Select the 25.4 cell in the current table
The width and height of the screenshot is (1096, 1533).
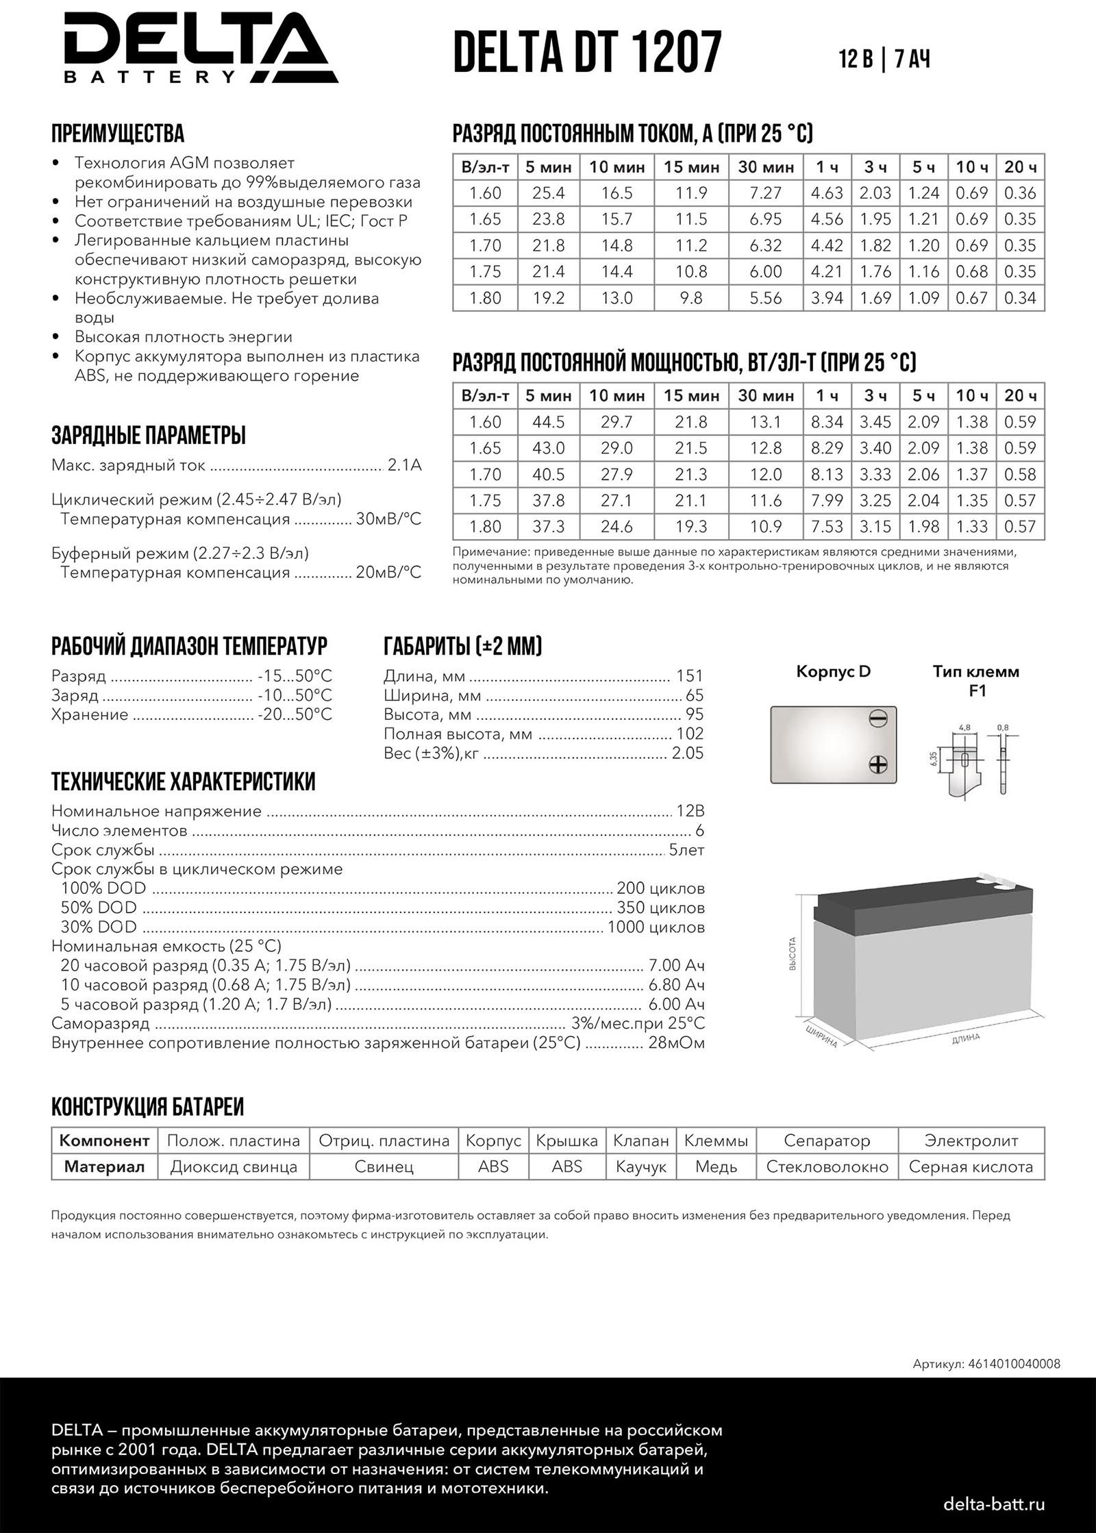pyautogui.click(x=548, y=193)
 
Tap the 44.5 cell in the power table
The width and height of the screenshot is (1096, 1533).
pyautogui.click(x=548, y=422)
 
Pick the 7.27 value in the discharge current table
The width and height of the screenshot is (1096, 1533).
pyautogui.click(x=765, y=193)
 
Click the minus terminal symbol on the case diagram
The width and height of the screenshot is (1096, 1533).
pyautogui.click(x=877, y=719)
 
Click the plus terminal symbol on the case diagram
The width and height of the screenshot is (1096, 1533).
pyautogui.click(x=877, y=764)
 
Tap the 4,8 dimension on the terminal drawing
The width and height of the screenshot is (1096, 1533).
pyautogui.click(x=964, y=727)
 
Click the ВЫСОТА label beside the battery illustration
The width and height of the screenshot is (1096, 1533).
pyautogui.click(x=793, y=954)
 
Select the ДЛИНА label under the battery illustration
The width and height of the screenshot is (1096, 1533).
pyautogui.click(x=966, y=1038)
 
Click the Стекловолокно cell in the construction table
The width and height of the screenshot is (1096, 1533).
pyautogui.click(x=827, y=1167)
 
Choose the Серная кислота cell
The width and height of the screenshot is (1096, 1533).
pyautogui.click(x=971, y=1167)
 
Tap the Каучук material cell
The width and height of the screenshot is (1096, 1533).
pyautogui.click(x=640, y=1167)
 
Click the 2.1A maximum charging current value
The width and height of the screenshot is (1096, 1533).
pyautogui.click(x=404, y=466)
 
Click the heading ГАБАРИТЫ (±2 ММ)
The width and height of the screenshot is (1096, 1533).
pyautogui.click(x=463, y=645)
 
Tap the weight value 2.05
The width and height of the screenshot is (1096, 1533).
pyautogui.click(x=687, y=753)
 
